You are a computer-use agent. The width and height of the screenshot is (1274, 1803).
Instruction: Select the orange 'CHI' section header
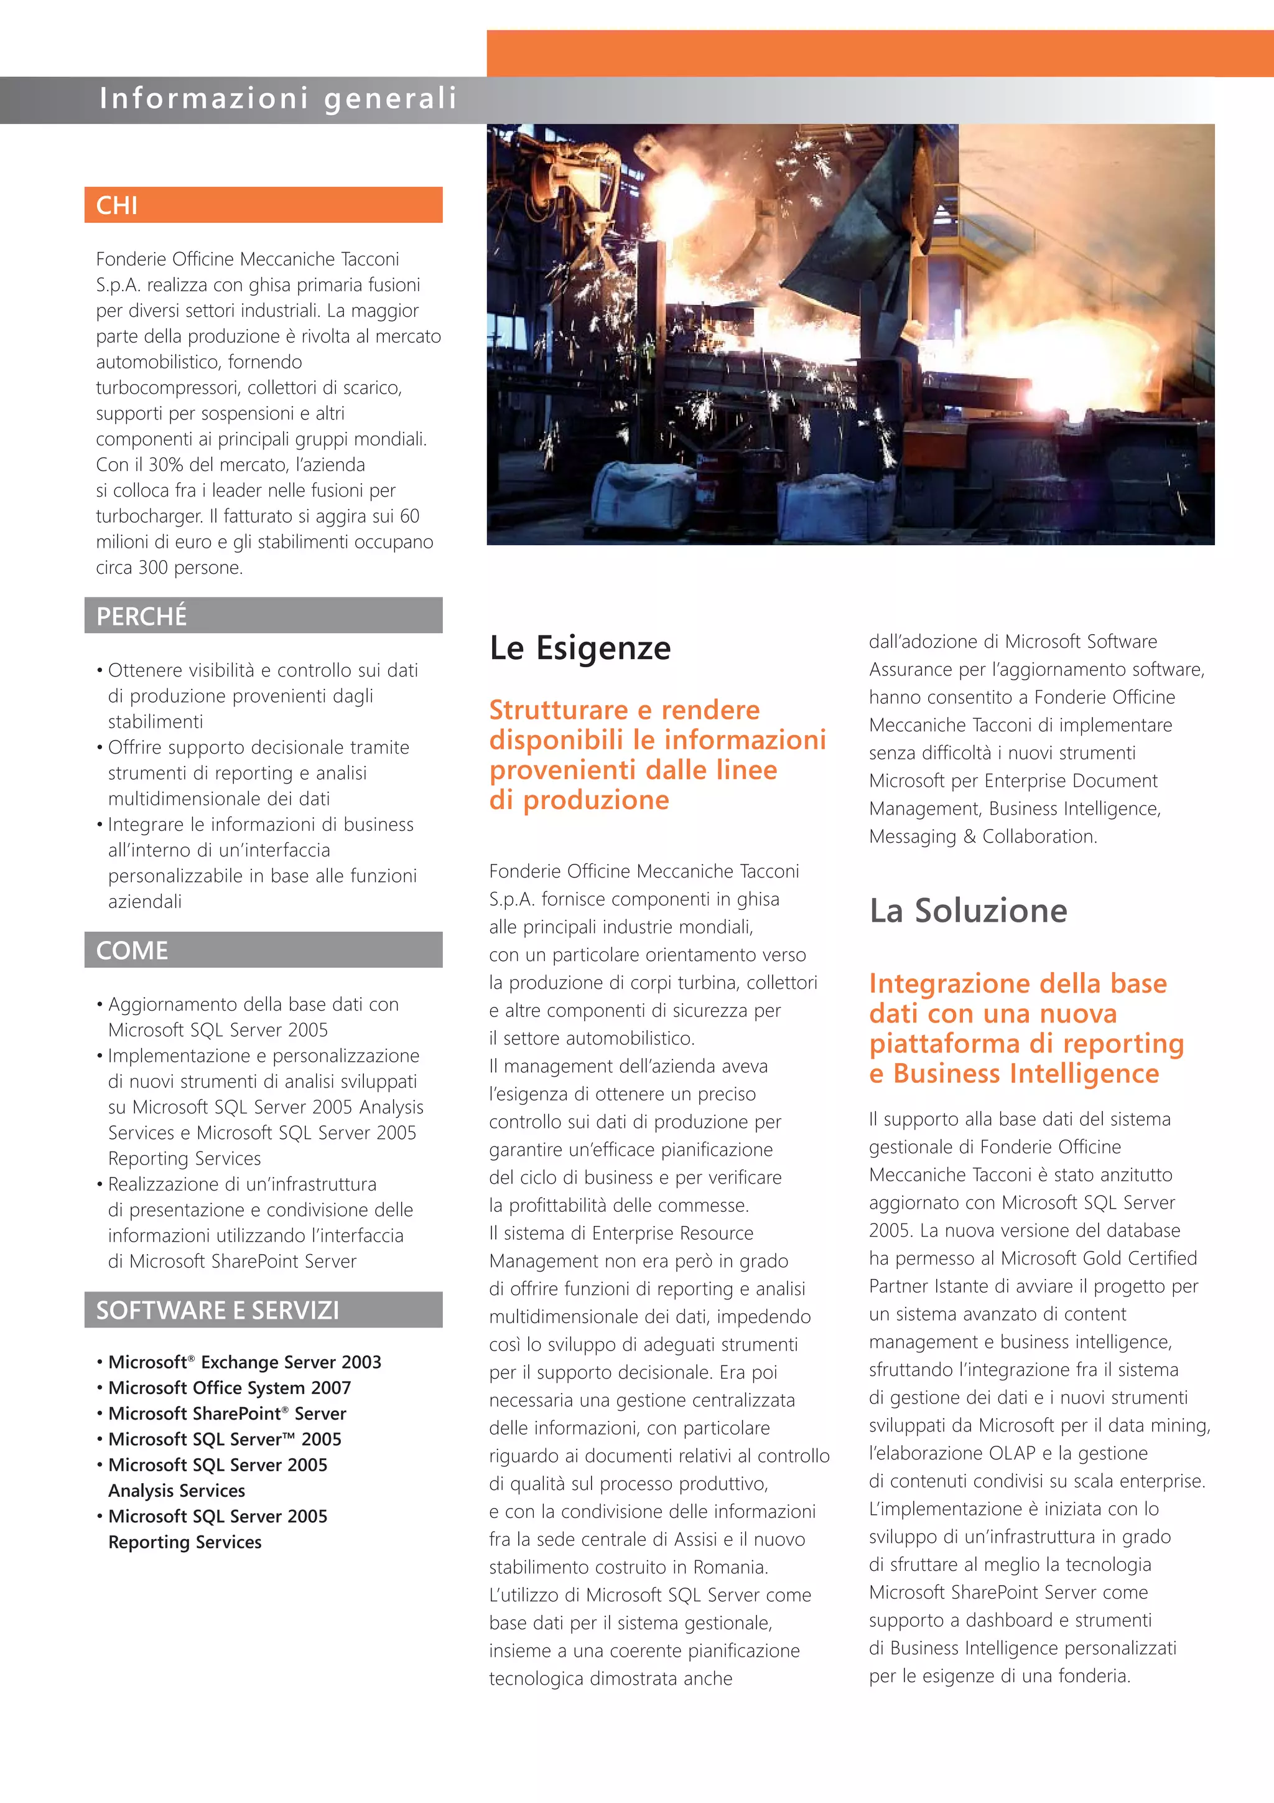point(263,205)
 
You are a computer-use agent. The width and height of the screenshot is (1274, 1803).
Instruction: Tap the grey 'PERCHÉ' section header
point(263,616)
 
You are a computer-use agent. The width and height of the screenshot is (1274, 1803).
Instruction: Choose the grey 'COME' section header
point(263,950)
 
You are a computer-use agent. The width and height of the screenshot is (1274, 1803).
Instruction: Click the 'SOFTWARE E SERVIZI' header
point(263,1310)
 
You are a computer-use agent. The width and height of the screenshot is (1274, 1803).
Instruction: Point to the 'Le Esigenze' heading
point(580,648)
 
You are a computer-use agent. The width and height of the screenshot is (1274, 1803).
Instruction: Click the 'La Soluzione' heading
point(968,910)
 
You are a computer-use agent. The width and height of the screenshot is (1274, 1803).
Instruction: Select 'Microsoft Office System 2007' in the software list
point(229,1388)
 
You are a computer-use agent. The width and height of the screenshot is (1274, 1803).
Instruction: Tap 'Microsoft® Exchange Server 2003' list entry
point(244,1362)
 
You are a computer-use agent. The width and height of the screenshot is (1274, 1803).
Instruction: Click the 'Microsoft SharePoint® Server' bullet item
point(227,1413)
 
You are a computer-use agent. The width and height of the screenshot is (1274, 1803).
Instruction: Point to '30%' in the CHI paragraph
point(165,464)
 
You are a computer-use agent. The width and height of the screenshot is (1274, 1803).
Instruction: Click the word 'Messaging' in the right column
point(912,836)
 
